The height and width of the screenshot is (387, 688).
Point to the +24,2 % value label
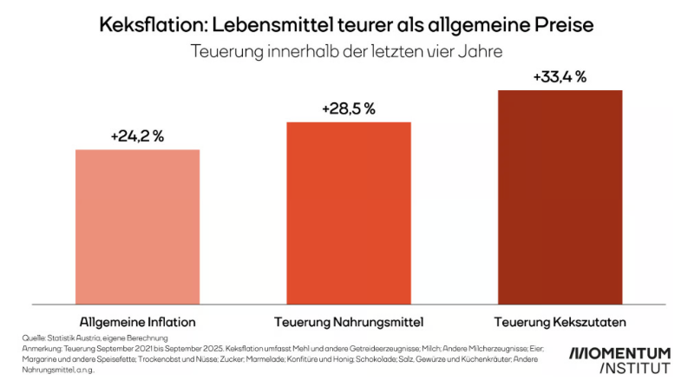tap(137, 137)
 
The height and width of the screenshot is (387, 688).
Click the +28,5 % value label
tap(348, 108)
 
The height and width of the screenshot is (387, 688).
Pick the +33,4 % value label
tap(560, 77)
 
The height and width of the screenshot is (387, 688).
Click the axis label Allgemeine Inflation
tap(137, 322)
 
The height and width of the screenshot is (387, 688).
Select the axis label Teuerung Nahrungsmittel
tap(348, 322)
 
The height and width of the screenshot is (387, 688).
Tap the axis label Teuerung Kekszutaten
tap(560, 322)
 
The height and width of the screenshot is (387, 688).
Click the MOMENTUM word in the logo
tap(620, 353)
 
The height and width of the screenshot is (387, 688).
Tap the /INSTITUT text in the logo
tap(633, 369)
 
